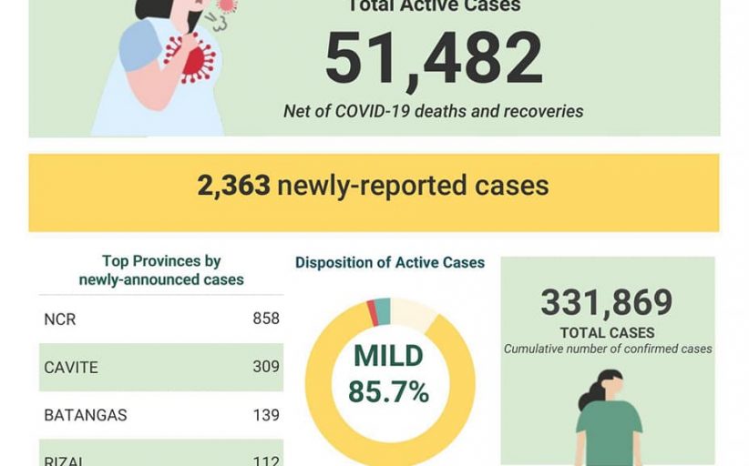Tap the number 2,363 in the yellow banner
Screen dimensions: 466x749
point(233,186)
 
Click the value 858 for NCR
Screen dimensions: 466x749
point(265,319)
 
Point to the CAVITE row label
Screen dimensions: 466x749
point(70,368)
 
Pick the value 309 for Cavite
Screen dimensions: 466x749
point(265,368)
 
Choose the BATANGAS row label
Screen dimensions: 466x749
point(85,415)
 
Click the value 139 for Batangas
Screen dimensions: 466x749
point(265,415)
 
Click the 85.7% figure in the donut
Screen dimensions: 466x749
point(388,392)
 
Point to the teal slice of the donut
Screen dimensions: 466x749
point(383,310)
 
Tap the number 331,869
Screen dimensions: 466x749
point(606,303)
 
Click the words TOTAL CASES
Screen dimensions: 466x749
point(607,333)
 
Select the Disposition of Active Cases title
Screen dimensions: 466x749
point(389,263)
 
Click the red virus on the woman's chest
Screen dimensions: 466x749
point(192,57)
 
